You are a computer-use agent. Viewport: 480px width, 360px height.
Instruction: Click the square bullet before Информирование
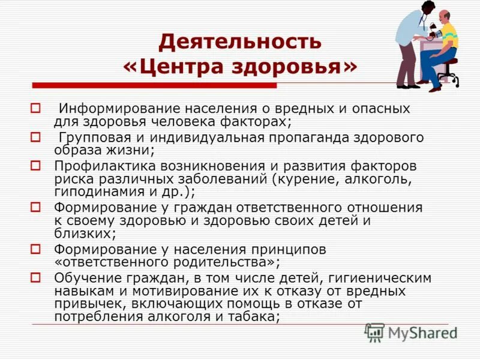click(x=35, y=109)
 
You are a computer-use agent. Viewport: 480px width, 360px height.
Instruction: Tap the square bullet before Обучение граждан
click(x=35, y=277)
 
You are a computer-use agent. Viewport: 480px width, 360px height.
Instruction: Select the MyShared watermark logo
click(x=411, y=332)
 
